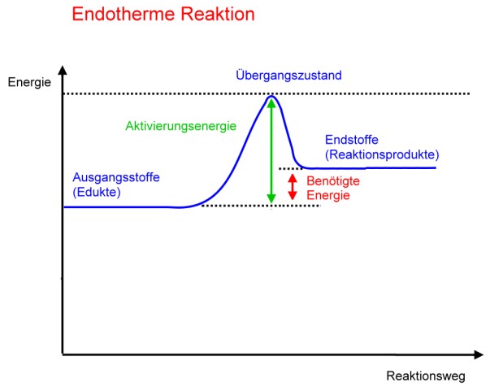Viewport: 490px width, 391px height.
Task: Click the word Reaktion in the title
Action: [x=218, y=14]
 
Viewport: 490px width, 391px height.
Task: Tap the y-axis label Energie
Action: [x=29, y=83]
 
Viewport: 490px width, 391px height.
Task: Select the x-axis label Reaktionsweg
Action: [x=426, y=376]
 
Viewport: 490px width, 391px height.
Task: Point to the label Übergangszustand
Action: [x=288, y=75]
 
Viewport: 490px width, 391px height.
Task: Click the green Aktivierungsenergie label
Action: [x=180, y=126]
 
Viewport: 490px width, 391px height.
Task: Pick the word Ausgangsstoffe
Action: [x=116, y=177]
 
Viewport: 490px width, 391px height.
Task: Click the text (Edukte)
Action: [x=97, y=192]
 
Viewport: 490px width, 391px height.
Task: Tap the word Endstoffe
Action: [x=352, y=140]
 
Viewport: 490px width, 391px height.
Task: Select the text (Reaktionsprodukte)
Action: [x=382, y=154]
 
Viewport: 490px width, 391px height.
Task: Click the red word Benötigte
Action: [x=333, y=181]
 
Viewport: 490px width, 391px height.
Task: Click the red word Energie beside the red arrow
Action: [x=328, y=196]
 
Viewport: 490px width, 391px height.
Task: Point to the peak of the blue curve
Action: [x=271, y=97]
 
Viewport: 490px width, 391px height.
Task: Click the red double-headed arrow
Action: [x=293, y=187]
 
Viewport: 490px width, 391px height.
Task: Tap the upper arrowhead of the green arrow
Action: [x=271, y=103]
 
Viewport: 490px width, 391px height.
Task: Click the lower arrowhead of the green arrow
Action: [x=271, y=198]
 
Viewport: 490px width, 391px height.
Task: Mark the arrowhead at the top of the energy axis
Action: [x=63, y=70]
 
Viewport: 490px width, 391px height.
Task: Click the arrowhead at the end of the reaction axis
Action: [x=479, y=354]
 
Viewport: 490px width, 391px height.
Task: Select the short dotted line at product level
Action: [x=291, y=169]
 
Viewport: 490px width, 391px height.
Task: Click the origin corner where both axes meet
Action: [x=63, y=354]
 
